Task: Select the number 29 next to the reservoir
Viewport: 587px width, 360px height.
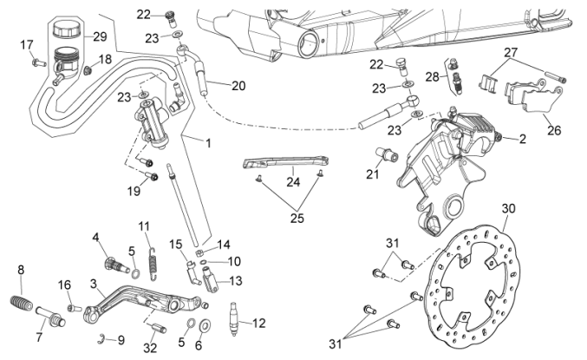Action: point(99,36)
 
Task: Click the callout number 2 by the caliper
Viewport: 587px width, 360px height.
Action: point(523,138)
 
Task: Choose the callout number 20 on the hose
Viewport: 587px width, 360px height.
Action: point(238,85)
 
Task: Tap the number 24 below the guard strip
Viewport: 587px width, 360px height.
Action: point(293,182)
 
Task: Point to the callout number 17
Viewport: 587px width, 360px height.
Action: point(26,44)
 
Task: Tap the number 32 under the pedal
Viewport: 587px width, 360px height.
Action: point(153,345)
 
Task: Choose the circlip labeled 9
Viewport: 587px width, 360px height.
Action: point(101,338)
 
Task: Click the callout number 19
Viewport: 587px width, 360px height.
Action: point(134,191)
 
